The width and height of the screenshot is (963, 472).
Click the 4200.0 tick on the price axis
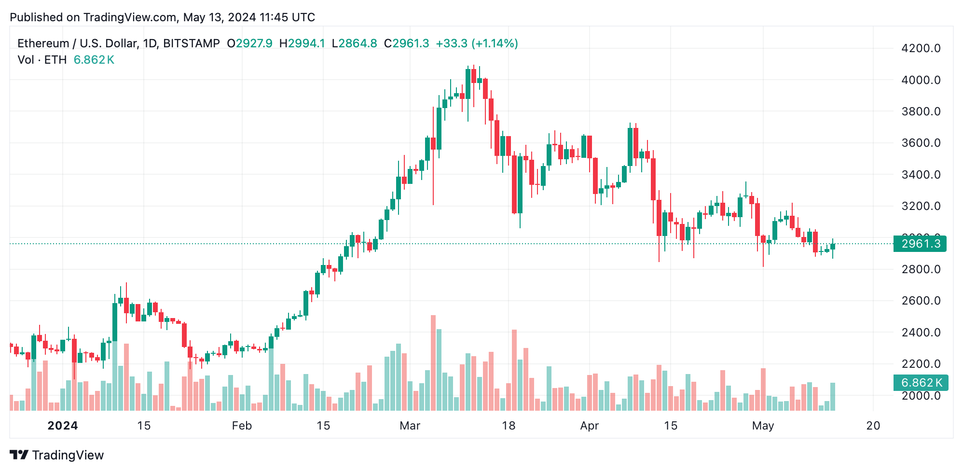(x=921, y=48)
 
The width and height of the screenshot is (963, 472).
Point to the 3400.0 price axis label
(x=921, y=175)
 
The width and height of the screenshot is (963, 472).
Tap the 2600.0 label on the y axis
(x=921, y=301)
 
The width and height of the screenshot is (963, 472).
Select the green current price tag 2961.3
(x=920, y=244)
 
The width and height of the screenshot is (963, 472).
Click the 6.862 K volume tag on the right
(x=921, y=383)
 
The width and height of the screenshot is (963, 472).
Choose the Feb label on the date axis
(x=242, y=426)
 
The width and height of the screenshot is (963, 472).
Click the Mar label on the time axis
(x=410, y=426)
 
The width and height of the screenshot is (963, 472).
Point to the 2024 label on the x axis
(x=63, y=426)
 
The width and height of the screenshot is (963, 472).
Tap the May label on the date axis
(x=763, y=426)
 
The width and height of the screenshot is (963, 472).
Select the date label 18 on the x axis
(x=509, y=426)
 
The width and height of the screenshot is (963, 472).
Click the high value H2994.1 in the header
(x=302, y=43)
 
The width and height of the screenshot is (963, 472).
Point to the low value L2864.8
(x=354, y=43)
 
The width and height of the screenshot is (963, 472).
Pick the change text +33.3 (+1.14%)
(x=477, y=43)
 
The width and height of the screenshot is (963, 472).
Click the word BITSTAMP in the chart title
(x=192, y=43)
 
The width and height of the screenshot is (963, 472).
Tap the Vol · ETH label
(x=42, y=60)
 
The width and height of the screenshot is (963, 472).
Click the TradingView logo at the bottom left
(x=56, y=455)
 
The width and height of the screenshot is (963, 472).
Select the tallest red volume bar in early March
(x=433, y=362)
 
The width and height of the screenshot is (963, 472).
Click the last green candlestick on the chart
(x=833, y=247)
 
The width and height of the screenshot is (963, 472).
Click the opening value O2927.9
(x=249, y=43)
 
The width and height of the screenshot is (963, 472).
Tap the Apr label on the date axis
(x=589, y=426)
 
